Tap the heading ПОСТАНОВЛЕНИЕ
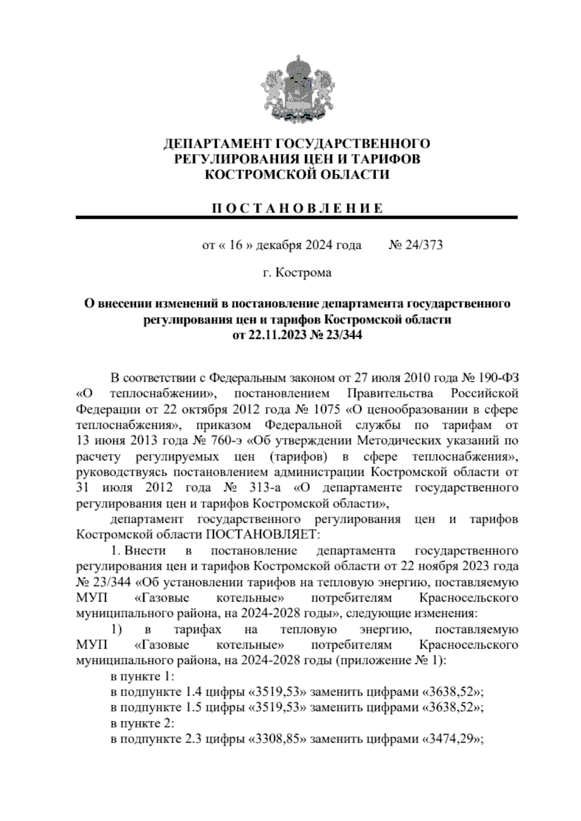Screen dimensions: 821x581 pyautogui.click(x=297, y=209)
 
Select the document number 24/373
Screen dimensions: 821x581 pyautogui.click(x=425, y=245)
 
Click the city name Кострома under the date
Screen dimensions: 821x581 pyautogui.click(x=304, y=273)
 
